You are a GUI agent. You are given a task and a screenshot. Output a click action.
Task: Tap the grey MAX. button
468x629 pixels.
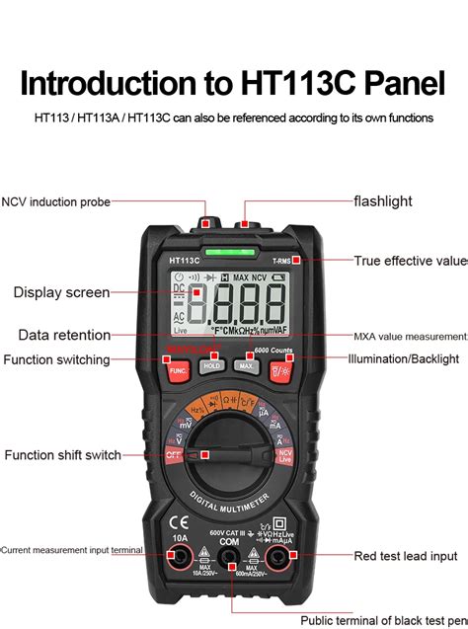coord(247,365)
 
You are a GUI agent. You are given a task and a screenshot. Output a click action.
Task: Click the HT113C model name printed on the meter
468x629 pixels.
coord(184,261)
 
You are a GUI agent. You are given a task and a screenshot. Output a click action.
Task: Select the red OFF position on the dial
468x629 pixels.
coord(175,454)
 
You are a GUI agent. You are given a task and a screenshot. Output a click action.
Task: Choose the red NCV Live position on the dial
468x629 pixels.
coord(286,455)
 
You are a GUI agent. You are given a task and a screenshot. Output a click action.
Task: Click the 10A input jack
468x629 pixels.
coord(180,560)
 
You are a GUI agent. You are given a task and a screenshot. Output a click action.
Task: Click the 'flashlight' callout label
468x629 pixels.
coord(383,201)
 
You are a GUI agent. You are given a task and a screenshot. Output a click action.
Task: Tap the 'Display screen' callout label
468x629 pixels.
coord(61,292)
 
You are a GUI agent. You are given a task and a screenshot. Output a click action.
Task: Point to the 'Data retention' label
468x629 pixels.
coord(64,336)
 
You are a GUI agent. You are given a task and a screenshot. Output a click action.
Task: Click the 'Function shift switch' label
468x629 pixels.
coord(62,455)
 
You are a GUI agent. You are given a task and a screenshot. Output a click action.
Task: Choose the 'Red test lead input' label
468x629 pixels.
coord(406,556)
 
